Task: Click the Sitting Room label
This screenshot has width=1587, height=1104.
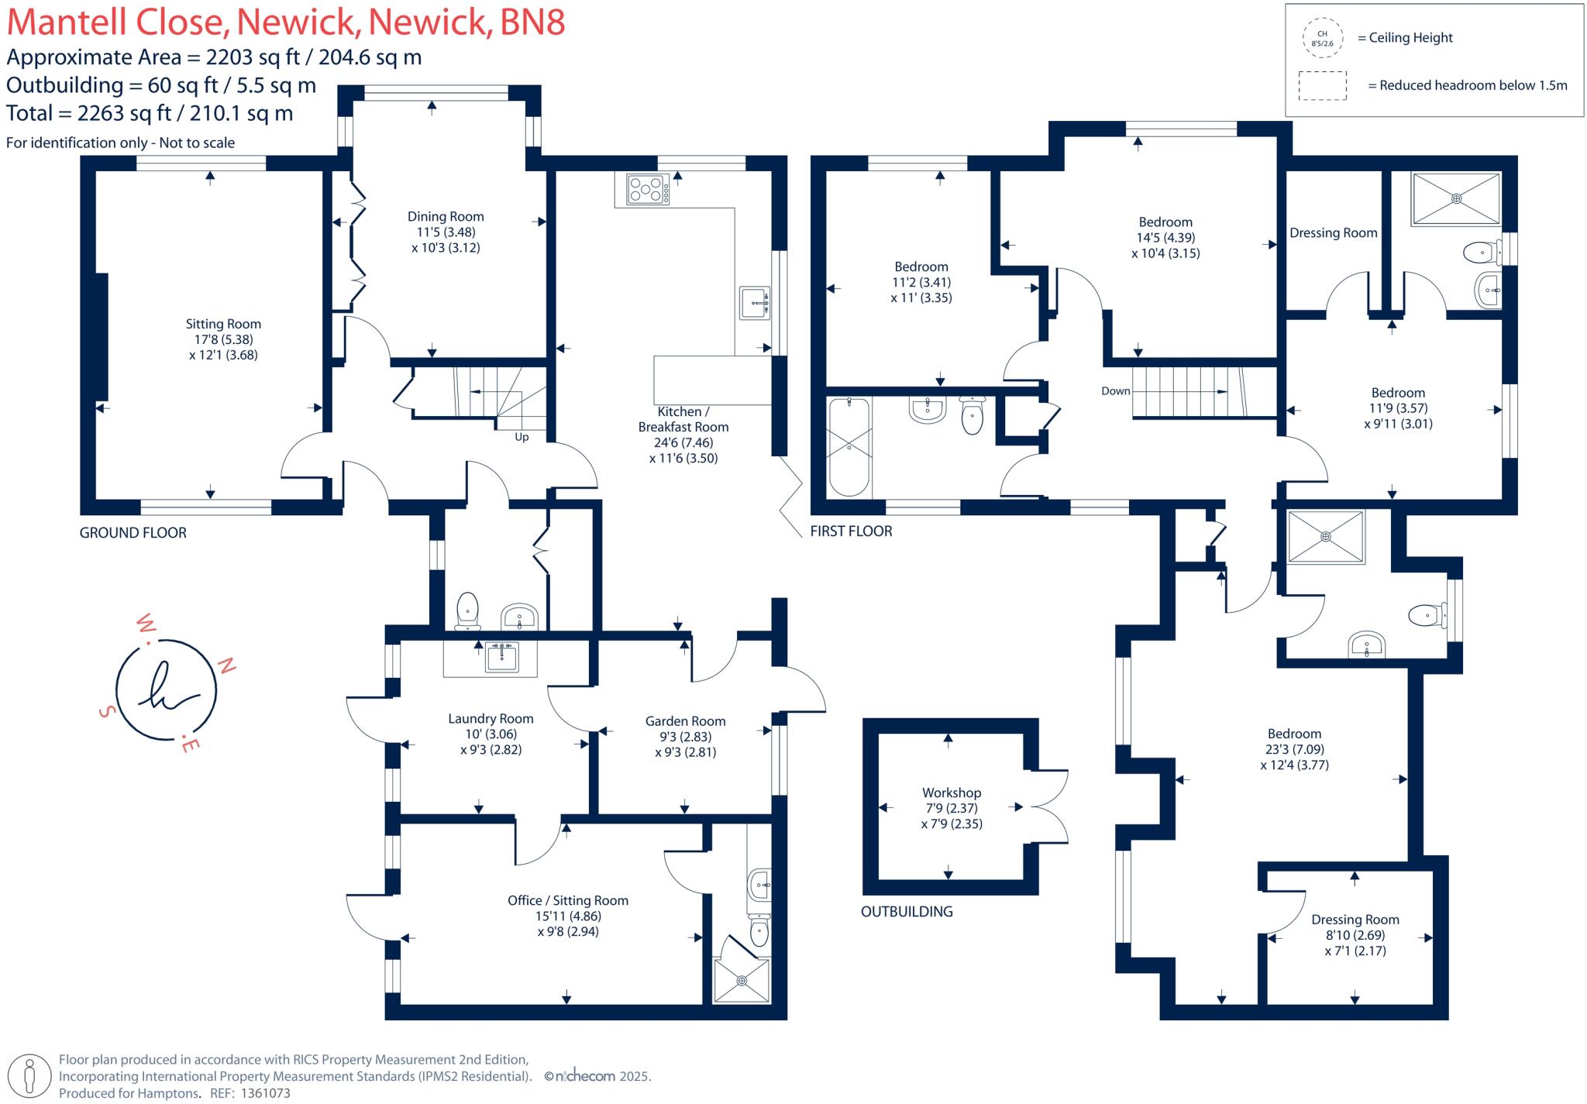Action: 223,324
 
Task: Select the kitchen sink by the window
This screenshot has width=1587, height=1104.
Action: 755,302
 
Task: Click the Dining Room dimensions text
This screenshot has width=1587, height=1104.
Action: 446,240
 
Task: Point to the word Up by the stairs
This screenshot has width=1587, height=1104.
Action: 522,437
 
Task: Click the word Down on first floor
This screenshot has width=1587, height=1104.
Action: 1115,391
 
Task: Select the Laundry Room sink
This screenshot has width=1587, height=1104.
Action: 502,657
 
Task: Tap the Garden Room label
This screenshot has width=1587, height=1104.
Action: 685,721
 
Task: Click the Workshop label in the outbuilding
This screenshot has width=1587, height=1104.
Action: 951,793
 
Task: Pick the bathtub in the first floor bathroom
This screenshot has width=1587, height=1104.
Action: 849,447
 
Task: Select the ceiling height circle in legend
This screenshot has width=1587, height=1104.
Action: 1322,38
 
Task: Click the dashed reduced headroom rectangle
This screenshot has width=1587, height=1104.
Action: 1322,85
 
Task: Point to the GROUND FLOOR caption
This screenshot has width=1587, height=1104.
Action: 133,533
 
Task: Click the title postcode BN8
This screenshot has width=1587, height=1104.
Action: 532,22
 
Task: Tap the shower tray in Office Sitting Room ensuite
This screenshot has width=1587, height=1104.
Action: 742,980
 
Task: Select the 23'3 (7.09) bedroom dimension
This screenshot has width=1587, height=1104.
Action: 1294,749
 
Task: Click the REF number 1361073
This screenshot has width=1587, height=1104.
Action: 266,1093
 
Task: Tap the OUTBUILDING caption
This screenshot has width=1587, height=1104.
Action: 907,912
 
